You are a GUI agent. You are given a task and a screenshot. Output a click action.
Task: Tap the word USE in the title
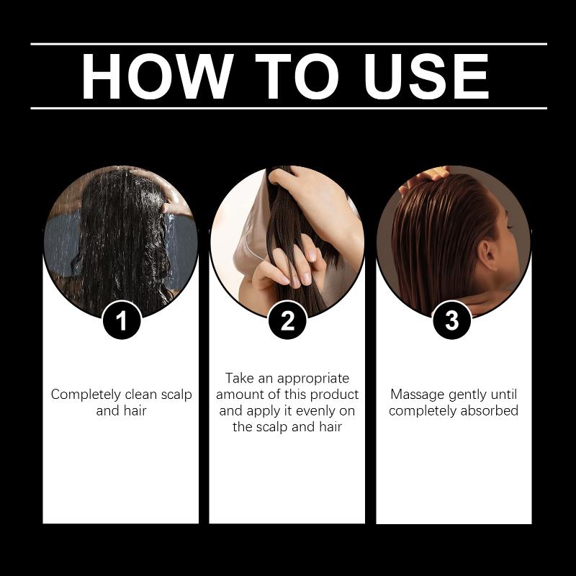coord(426,76)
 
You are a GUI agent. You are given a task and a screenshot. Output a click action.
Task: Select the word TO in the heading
coord(297,76)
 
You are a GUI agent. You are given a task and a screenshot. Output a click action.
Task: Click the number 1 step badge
coord(122,320)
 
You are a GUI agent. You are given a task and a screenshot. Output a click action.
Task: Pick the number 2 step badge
coord(287,320)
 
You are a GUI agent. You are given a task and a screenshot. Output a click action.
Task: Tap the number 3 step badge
coord(452,320)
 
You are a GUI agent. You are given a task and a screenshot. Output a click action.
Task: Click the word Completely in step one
coord(86,395)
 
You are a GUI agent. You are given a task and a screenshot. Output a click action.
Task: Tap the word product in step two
coord(334,395)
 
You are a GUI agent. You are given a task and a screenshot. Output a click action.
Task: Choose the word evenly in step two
coord(315,411)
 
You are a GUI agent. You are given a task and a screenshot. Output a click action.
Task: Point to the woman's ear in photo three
coord(489,256)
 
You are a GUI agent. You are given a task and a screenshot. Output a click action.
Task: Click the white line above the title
coord(289,44)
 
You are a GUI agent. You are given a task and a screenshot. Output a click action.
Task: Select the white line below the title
coord(289,109)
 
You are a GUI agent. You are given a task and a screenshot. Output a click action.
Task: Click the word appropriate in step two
coord(313,379)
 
